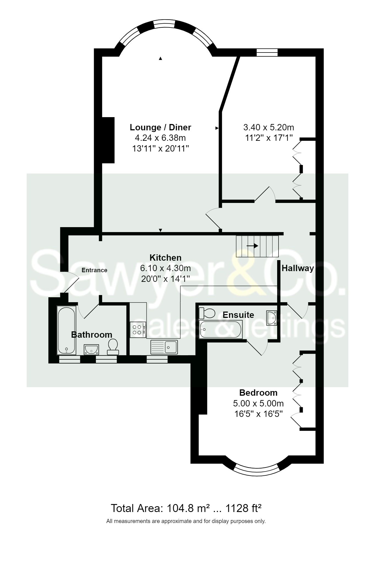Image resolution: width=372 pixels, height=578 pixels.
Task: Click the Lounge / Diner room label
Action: pyautogui.click(x=160, y=127)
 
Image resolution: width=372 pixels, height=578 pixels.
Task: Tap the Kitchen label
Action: pyautogui.click(x=166, y=258)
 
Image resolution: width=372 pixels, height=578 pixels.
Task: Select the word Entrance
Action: pyautogui.click(x=94, y=270)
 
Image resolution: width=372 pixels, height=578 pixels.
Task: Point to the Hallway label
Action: pyautogui.click(x=298, y=268)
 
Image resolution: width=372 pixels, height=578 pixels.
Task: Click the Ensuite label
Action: pyautogui.click(x=238, y=315)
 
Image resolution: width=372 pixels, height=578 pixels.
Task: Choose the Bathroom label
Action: pyautogui.click(x=92, y=335)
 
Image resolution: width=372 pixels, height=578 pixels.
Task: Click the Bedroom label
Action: pyautogui.click(x=258, y=393)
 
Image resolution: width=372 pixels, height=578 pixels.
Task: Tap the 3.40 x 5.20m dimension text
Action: pyautogui.click(x=269, y=127)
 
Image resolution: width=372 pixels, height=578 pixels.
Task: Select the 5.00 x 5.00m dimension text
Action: pyautogui.click(x=258, y=403)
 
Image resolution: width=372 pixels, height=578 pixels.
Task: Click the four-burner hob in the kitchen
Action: pyautogui.click(x=138, y=330)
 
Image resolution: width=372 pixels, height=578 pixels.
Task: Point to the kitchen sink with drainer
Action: pyautogui.click(x=164, y=347)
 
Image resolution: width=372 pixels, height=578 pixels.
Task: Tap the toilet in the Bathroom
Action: pyautogui.click(x=113, y=346)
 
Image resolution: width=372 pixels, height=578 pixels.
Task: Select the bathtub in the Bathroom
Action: pyautogui.click(x=66, y=330)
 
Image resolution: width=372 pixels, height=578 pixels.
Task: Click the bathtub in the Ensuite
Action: pyautogui.click(x=221, y=329)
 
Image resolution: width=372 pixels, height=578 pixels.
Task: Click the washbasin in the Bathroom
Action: pyautogui.click(x=91, y=349)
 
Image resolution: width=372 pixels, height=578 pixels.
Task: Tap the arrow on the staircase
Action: pyautogui.click(x=252, y=246)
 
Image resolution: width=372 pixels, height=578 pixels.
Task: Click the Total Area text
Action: pyautogui.click(x=186, y=508)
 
